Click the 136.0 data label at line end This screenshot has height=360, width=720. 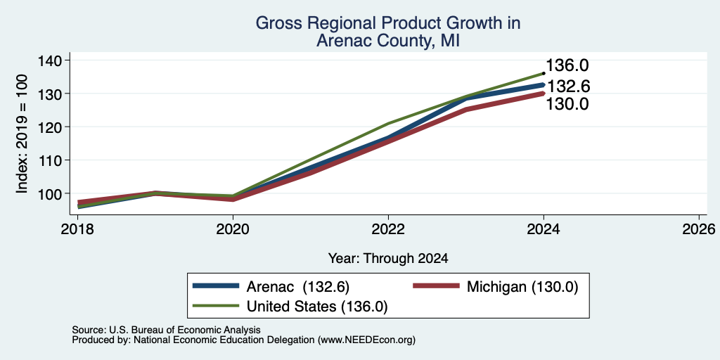pos(567,65)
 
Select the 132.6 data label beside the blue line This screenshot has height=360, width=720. pos(568,86)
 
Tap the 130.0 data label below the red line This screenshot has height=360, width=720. pos(567,104)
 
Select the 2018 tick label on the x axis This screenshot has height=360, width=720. pos(77,229)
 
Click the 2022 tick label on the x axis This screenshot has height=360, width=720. pos(388,229)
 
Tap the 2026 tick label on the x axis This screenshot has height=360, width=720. pos(699,229)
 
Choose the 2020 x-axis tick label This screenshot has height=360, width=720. pos(233,229)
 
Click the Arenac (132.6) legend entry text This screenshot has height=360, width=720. pos(298,287)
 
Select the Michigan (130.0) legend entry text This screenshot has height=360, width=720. pos(522,287)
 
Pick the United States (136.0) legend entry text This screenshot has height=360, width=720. pos(317,307)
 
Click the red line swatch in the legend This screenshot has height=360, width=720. pos(436,286)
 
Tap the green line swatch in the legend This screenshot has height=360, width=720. pos(216,306)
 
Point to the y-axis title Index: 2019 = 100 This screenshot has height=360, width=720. pos(22,134)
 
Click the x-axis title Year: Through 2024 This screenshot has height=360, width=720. pos(388,259)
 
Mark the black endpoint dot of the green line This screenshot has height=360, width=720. pos(544,73)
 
